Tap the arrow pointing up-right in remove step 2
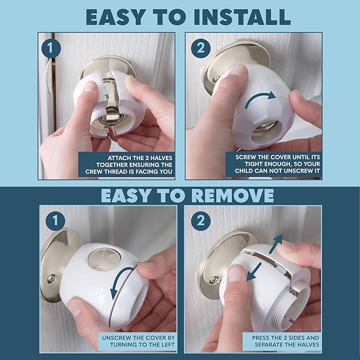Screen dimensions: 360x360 click(276, 244)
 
